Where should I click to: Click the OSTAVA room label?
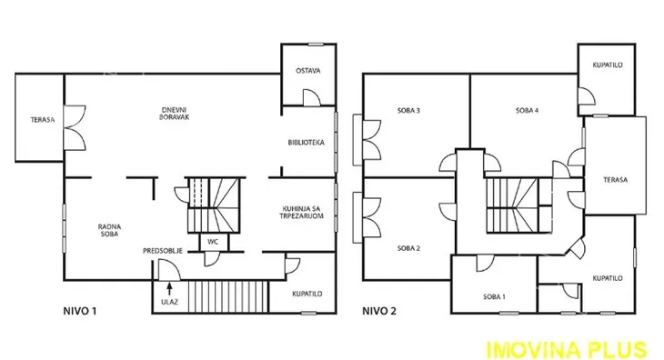(x=307, y=71)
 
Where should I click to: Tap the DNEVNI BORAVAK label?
(x=174, y=114)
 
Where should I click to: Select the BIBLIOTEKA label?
(x=307, y=143)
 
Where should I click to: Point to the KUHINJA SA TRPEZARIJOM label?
(x=301, y=213)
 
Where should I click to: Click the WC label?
(x=213, y=242)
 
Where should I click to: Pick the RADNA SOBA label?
(x=109, y=230)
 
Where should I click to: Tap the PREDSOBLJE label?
(x=163, y=251)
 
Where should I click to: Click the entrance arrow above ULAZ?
(x=169, y=288)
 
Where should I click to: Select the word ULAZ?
(x=169, y=302)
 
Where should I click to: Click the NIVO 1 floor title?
(x=80, y=311)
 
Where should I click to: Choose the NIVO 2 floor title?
(x=379, y=311)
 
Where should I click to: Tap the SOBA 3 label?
(x=408, y=110)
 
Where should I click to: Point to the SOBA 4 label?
(x=528, y=110)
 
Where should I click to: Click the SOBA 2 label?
(x=408, y=248)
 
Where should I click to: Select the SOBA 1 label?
(x=494, y=296)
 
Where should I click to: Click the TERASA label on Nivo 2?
(x=615, y=180)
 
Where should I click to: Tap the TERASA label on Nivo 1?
(x=43, y=120)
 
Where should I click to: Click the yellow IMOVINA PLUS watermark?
(x=567, y=350)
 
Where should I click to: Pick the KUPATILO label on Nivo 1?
(x=307, y=294)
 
